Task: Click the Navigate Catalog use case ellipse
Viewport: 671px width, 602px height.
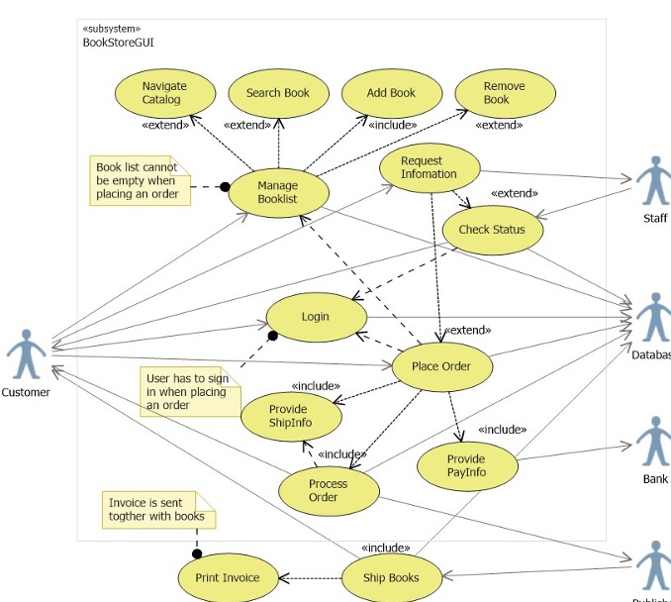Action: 164,93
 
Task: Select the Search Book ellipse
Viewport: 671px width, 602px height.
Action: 277,93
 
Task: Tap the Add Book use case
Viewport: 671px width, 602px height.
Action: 391,93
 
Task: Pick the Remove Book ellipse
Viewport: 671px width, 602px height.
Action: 504,93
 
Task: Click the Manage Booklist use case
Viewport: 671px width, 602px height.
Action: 277,191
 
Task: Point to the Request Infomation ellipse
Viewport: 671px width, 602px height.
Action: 429,167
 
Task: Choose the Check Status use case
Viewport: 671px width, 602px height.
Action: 487,230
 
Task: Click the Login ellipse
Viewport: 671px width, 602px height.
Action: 315,317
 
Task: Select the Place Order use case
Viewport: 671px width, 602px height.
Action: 441,366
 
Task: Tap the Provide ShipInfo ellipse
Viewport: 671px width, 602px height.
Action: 289,416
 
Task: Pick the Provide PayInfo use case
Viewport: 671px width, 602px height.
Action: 466,465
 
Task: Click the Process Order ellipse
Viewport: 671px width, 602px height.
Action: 329,490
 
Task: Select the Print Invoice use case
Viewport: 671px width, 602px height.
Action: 228,578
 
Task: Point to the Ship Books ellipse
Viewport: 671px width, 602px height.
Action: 391,578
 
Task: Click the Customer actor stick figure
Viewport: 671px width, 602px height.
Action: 26,354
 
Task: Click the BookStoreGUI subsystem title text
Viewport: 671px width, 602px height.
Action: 118,43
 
